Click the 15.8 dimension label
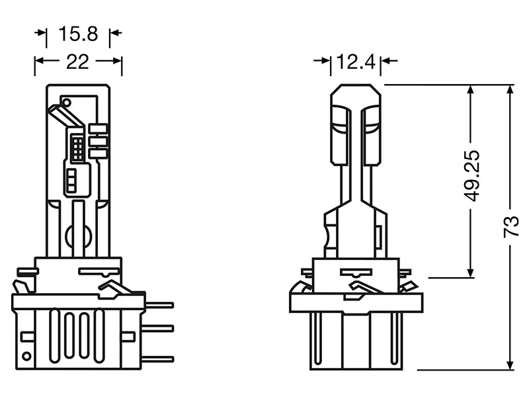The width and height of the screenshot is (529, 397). (x=78, y=34)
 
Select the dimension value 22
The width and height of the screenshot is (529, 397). (x=77, y=62)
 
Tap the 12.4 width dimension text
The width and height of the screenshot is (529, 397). (x=356, y=62)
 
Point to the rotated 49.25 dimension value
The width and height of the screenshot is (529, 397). (x=471, y=175)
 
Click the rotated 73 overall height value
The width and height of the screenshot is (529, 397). (x=510, y=226)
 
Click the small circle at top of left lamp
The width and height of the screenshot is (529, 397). (x=67, y=102)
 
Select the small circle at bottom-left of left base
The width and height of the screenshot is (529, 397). (x=26, y=356)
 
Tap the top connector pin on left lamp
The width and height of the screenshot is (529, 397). (x=159, y=305)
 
